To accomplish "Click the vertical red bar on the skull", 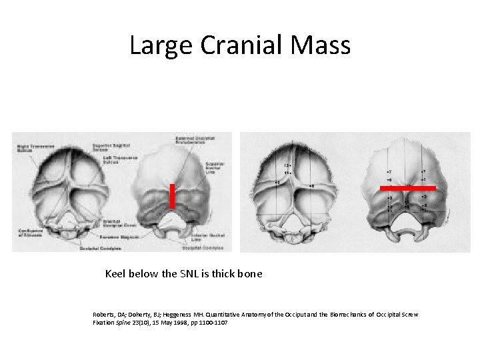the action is [x=172, y=196].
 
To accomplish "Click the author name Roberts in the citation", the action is [x=105, y=314].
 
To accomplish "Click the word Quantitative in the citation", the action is [x=236, y=314].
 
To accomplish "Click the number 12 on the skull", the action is [x=286, y=165].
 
